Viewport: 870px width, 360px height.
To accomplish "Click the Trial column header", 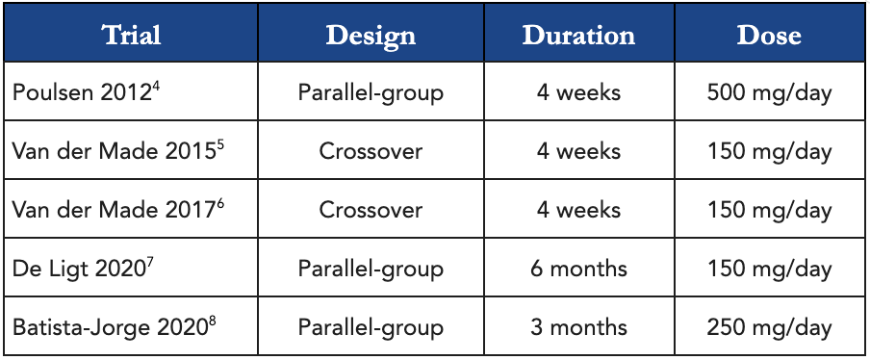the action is tap(132, 35).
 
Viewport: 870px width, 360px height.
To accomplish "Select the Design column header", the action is tap(371, 36).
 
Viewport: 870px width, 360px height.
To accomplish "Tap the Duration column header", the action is tap(578, 35).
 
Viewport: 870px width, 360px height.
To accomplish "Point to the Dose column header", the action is tap(769, 35).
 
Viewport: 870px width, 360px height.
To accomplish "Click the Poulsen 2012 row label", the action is tap(87, 92).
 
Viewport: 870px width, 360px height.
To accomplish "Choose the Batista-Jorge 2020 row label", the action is tap(114, 327).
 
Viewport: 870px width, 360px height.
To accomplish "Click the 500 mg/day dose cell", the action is tap(770, 93).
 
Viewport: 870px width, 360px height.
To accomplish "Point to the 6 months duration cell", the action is tap(578, 269).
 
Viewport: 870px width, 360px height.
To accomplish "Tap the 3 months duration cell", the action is tap(578, 327).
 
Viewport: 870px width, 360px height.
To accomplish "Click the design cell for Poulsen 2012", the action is tap(371, 93).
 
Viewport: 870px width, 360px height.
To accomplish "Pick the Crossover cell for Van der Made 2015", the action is tap(371, 151).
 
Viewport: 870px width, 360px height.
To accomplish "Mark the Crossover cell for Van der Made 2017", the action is tap(371, 210).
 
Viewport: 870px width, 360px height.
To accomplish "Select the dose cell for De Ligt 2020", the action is tap(770, 269).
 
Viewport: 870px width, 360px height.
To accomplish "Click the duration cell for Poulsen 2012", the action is tap(578, 92).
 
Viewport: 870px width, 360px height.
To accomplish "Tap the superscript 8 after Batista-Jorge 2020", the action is tap(213, 321).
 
